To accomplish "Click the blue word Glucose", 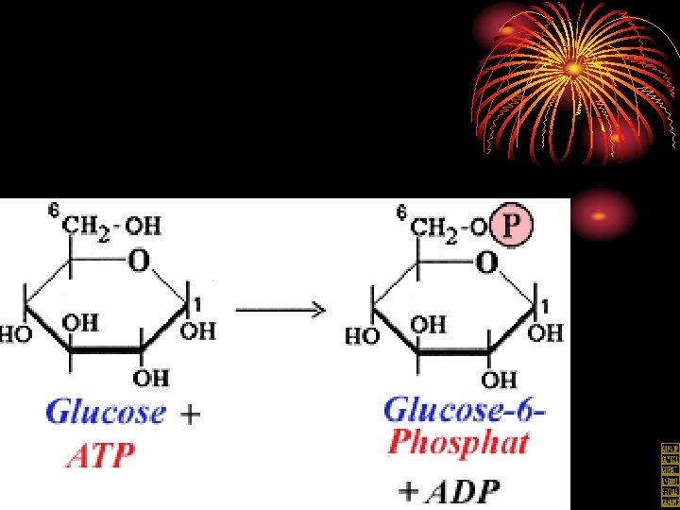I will tap(106, 413).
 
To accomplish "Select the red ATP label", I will tap(101, 457).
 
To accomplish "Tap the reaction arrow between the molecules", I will tap(280, 310).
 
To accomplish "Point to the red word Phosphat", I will tap(458, 443).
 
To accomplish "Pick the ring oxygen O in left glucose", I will tap(138, 261).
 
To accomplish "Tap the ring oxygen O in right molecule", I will tap(486, 262).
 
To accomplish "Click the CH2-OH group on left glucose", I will tap(111, 226).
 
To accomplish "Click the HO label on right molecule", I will tap(362, 335).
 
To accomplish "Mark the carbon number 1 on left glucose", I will tap(195, 301).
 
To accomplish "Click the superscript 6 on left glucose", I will tap(55, 212).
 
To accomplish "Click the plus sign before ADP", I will tap(408, 491).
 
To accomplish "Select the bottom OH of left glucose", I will tap(151, 379).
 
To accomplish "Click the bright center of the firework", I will tap(573, 68).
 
